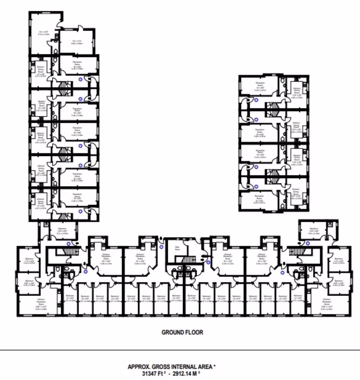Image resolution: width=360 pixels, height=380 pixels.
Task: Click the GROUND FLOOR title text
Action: [183, 332]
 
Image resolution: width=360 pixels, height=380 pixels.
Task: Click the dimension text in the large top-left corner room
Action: [43, 33]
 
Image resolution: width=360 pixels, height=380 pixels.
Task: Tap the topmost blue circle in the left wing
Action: [81, 79]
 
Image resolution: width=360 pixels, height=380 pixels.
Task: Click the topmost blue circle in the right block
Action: [256, 102]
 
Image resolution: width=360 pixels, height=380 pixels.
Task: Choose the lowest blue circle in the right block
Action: [256, 186]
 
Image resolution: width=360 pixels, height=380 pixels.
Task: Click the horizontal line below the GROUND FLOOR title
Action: [180, 350]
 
